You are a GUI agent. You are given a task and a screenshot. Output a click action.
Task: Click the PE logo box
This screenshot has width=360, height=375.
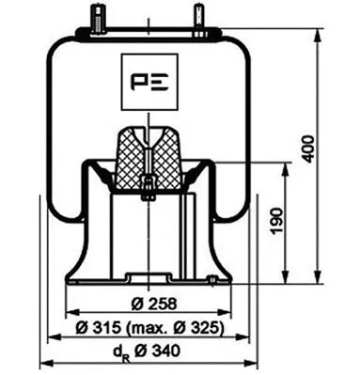point(148,79)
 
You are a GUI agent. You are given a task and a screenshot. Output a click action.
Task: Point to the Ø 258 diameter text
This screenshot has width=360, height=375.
point(147,303)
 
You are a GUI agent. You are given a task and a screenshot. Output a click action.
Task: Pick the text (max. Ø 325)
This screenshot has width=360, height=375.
point(179,327)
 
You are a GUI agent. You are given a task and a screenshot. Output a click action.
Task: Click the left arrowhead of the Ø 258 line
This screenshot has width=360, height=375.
point(69,314)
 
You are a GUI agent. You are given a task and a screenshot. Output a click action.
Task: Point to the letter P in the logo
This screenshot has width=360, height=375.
point(137,79)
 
